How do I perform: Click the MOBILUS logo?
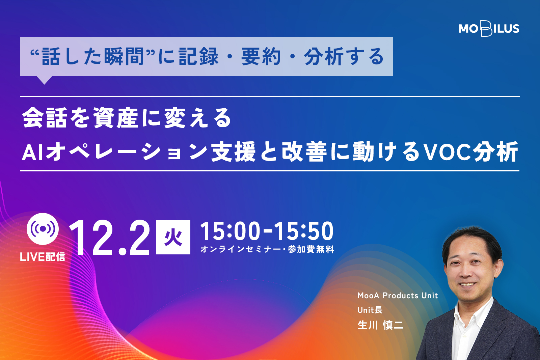point(489,29)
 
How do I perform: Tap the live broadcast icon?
point(43,229)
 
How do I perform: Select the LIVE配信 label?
point(43,257)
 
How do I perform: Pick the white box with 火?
point(173,237)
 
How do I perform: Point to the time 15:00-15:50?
point(267,231)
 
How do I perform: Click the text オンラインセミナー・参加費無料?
point(267,249)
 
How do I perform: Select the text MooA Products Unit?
point(398,296)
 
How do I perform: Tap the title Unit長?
point(370,310)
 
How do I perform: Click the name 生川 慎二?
point(380,325)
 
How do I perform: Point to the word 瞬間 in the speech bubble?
point(125,56)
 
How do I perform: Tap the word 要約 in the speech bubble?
point(261,56)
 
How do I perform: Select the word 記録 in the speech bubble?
point(199,56)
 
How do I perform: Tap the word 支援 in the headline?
point(233,152)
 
